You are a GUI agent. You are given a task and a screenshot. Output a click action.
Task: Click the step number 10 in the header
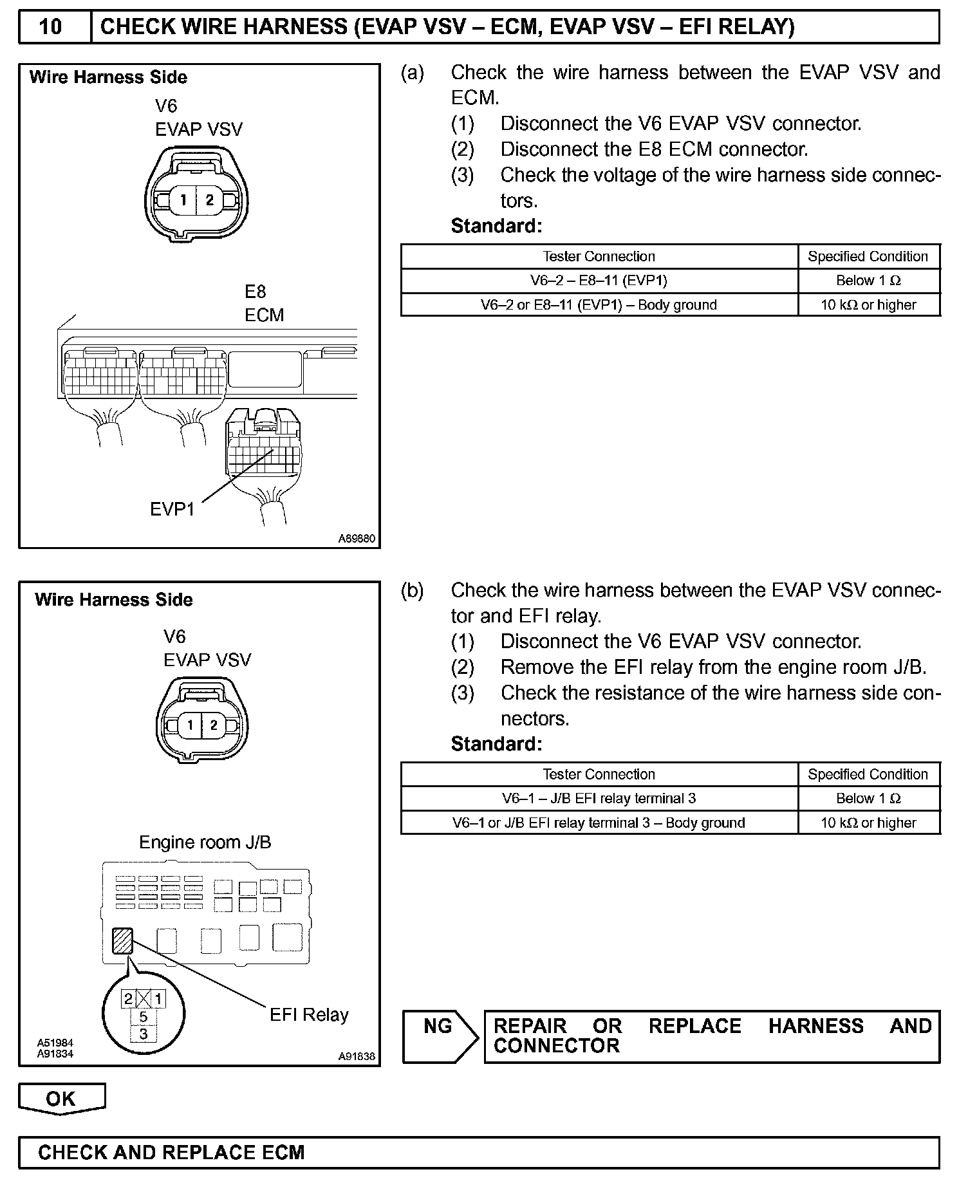point(51,28)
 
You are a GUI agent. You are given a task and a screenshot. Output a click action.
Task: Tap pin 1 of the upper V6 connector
point(183,200)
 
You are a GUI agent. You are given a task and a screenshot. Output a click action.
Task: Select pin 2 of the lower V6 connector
point(214,725)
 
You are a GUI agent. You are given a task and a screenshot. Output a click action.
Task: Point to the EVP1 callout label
point(172,509)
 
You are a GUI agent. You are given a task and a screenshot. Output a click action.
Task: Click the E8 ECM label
point(264,304)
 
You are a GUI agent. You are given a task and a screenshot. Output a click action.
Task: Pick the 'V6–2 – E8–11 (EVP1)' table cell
point(599,281)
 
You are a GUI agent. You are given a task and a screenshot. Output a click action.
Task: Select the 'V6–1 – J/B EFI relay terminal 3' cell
point(599,799)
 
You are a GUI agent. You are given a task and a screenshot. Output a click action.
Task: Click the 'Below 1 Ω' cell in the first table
point(868,281)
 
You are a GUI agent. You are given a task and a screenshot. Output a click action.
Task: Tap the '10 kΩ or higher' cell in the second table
point(868,823)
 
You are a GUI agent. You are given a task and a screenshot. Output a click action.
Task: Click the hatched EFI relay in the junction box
point(122,940)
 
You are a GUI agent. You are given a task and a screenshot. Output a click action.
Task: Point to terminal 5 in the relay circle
point(144,1017)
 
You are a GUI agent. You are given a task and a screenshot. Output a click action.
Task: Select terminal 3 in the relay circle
point(144,1034)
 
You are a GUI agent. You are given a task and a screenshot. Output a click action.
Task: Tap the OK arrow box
point(61,1099)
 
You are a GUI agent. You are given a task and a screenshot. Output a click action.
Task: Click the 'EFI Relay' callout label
point(309,1015)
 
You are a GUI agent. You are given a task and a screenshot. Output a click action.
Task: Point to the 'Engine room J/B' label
point(205,843)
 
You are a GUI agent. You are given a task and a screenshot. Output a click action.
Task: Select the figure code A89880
point(357,539)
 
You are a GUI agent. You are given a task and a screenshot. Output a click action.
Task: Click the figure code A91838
point(357,1056)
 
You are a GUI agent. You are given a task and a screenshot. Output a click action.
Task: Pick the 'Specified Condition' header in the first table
point(868,256)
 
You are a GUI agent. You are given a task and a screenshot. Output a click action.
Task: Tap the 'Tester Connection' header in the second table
point(599,774)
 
